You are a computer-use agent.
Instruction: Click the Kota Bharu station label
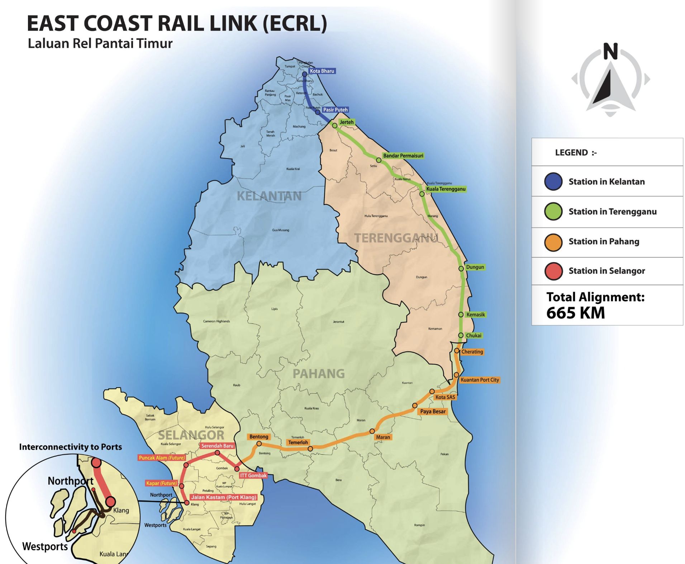(x=322, y=71)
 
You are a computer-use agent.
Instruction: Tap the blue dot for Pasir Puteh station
(x=318, y=112)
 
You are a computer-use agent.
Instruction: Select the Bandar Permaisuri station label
(x=403, y=156)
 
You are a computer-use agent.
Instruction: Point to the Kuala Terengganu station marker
(x=422, y=194)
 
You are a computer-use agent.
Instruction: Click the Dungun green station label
(x=475, y=267)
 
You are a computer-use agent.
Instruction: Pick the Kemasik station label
(x=475, y=314)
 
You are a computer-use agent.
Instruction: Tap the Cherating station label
(x=472, y=352)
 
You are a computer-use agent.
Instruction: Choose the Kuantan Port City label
(x=479, y=380)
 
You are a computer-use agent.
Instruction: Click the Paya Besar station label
(x=433, y=411)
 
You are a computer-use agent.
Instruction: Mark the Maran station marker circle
(x=372, y=431)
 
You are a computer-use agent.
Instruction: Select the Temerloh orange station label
(x=298, y=442)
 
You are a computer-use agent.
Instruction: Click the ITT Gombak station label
(x=253, y=475)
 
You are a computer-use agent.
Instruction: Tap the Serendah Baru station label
(x=217, y=446)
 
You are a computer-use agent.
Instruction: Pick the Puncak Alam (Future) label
(x=162, y=458)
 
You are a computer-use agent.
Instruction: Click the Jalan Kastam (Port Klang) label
(x=224, y=497)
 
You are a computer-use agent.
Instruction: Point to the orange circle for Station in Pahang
(x=553, y=242)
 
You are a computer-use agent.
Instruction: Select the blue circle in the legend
(x=553, y=182)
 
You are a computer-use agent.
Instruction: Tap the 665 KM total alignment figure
(x=575, y=313)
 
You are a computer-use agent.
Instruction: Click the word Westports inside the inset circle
(x=45, y=546)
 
